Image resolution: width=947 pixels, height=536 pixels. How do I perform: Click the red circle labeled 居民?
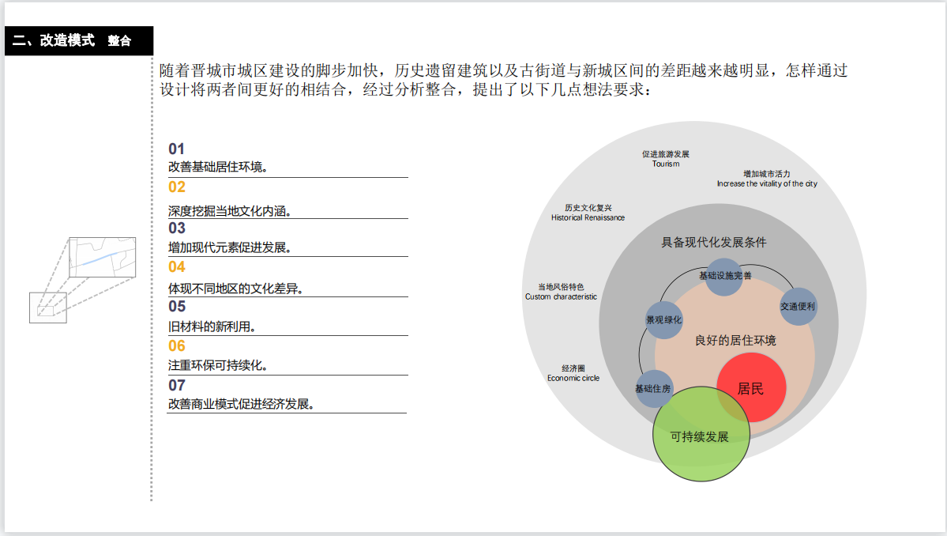[x=751, y=388]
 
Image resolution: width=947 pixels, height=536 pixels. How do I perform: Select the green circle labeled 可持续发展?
[x=701, y=435]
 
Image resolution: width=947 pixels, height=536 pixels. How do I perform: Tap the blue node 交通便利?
[x=798, y=306]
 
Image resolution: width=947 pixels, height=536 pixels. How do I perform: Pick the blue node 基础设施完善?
[x=724, y=277]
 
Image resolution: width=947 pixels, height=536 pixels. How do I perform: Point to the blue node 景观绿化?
[x=663, y=320]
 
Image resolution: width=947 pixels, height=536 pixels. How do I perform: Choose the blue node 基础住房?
[x=654, y=388]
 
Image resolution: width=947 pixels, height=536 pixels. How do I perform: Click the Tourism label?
[x=666, y=159]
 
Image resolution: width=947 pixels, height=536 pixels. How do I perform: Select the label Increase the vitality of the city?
[x=767, y=179]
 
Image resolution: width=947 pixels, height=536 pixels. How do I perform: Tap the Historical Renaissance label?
[x=588, y=213]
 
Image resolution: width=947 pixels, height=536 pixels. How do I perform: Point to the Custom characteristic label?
[x=561, y=292]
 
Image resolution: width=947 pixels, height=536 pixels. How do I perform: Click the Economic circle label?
[x=573, y=373]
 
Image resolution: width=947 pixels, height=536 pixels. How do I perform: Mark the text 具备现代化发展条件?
[x=713, y=243]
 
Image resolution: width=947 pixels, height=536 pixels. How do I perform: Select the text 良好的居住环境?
[x=735, y=341]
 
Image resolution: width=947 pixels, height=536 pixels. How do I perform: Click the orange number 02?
[x=177, y=187]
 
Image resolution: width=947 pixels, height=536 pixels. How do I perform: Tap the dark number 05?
[x=177, y=306]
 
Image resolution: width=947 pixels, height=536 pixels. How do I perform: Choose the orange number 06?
[x=177, y=345]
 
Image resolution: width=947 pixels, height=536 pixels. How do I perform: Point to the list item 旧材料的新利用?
[x=212, y=326]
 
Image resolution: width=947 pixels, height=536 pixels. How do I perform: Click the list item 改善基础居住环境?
[x=217, y=168]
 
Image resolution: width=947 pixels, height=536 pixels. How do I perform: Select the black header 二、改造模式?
[x=54, y=40]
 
